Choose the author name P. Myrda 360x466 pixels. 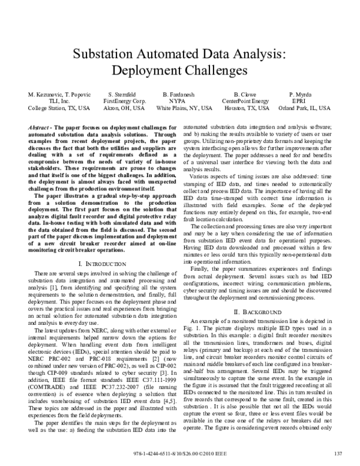click(x=301, y=95)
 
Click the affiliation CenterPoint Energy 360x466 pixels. click(x=246, y=101)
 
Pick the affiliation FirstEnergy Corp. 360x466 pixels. click(x=124, y=101)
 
